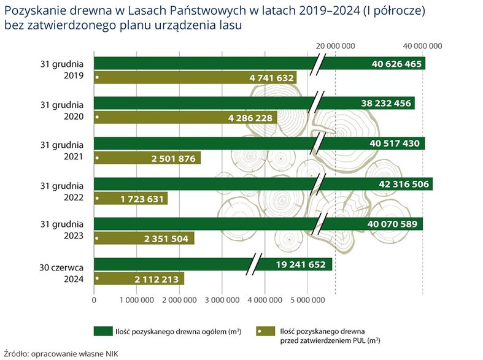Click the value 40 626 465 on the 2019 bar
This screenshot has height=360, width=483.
(x=396, y=64)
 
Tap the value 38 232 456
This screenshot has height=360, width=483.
(x=386, y=104)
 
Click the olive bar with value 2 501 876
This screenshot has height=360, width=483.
(x=147, y=158)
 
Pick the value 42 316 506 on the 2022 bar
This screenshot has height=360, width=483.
(x=403, y=184)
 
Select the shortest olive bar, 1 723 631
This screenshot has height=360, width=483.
(x=131, y=198)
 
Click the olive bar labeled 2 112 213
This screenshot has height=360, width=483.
(x=139, y=279)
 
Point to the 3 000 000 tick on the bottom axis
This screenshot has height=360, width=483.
(x=222, y=300)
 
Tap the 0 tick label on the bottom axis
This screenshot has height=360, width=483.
(x=94, y=300)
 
